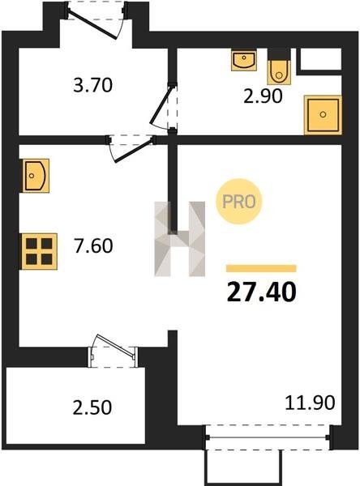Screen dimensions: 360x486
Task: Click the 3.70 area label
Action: pyautogui.click(x=92, y=86)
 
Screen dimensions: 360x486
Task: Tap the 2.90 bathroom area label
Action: pyautogui.click(x=263, y=96)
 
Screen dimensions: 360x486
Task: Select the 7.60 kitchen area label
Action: pyautogui.click(x=93, y=246)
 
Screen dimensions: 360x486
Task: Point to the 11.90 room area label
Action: pyautogui.click(x=310, y=403)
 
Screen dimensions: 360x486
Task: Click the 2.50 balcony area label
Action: pyautogui.click(x=92, y=407)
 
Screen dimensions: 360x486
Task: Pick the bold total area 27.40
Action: pyautogui.click(x=262, y=292)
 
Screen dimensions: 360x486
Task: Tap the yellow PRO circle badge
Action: pyautogui.click(x=239, y=202)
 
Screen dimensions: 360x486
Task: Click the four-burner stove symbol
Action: pyautogui.click(x=39, y=251)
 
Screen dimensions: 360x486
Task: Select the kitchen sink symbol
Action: pyautogui.click(x=35, y=176)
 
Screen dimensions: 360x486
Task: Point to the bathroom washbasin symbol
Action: pyautogui.click(x=244, y=60)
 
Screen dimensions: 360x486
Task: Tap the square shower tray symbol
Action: pyautogui.click(x=323, y=115)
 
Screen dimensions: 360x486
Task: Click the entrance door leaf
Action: pyautogui.click(x=92, y=25)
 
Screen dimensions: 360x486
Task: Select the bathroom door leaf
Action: pyautogui.click(x=161, y=104)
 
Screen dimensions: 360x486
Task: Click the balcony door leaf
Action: pyautogui.click(x=115, y=345)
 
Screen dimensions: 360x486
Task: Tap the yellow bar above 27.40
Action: pyautogui.click(x=261, y=268)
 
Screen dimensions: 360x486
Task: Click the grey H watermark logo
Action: pyautogui.click(x=180, y=239)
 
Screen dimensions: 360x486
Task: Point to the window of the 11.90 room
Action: pyautogui.click(x=268, y=437)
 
